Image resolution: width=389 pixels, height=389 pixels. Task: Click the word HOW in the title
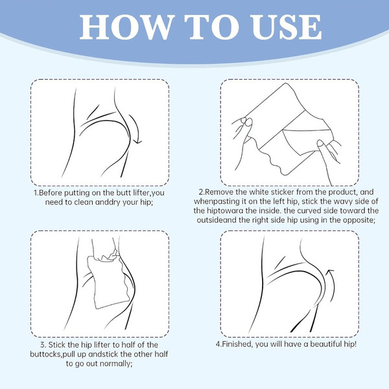click(126, 27)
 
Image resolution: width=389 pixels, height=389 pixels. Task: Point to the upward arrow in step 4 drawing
click(331, 285)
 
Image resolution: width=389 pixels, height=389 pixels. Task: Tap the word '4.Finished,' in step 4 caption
click(235, 344)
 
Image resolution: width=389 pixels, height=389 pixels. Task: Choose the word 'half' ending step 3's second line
click(161, 354)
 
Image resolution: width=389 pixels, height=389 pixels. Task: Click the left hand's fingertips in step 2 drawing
click(245, 122)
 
